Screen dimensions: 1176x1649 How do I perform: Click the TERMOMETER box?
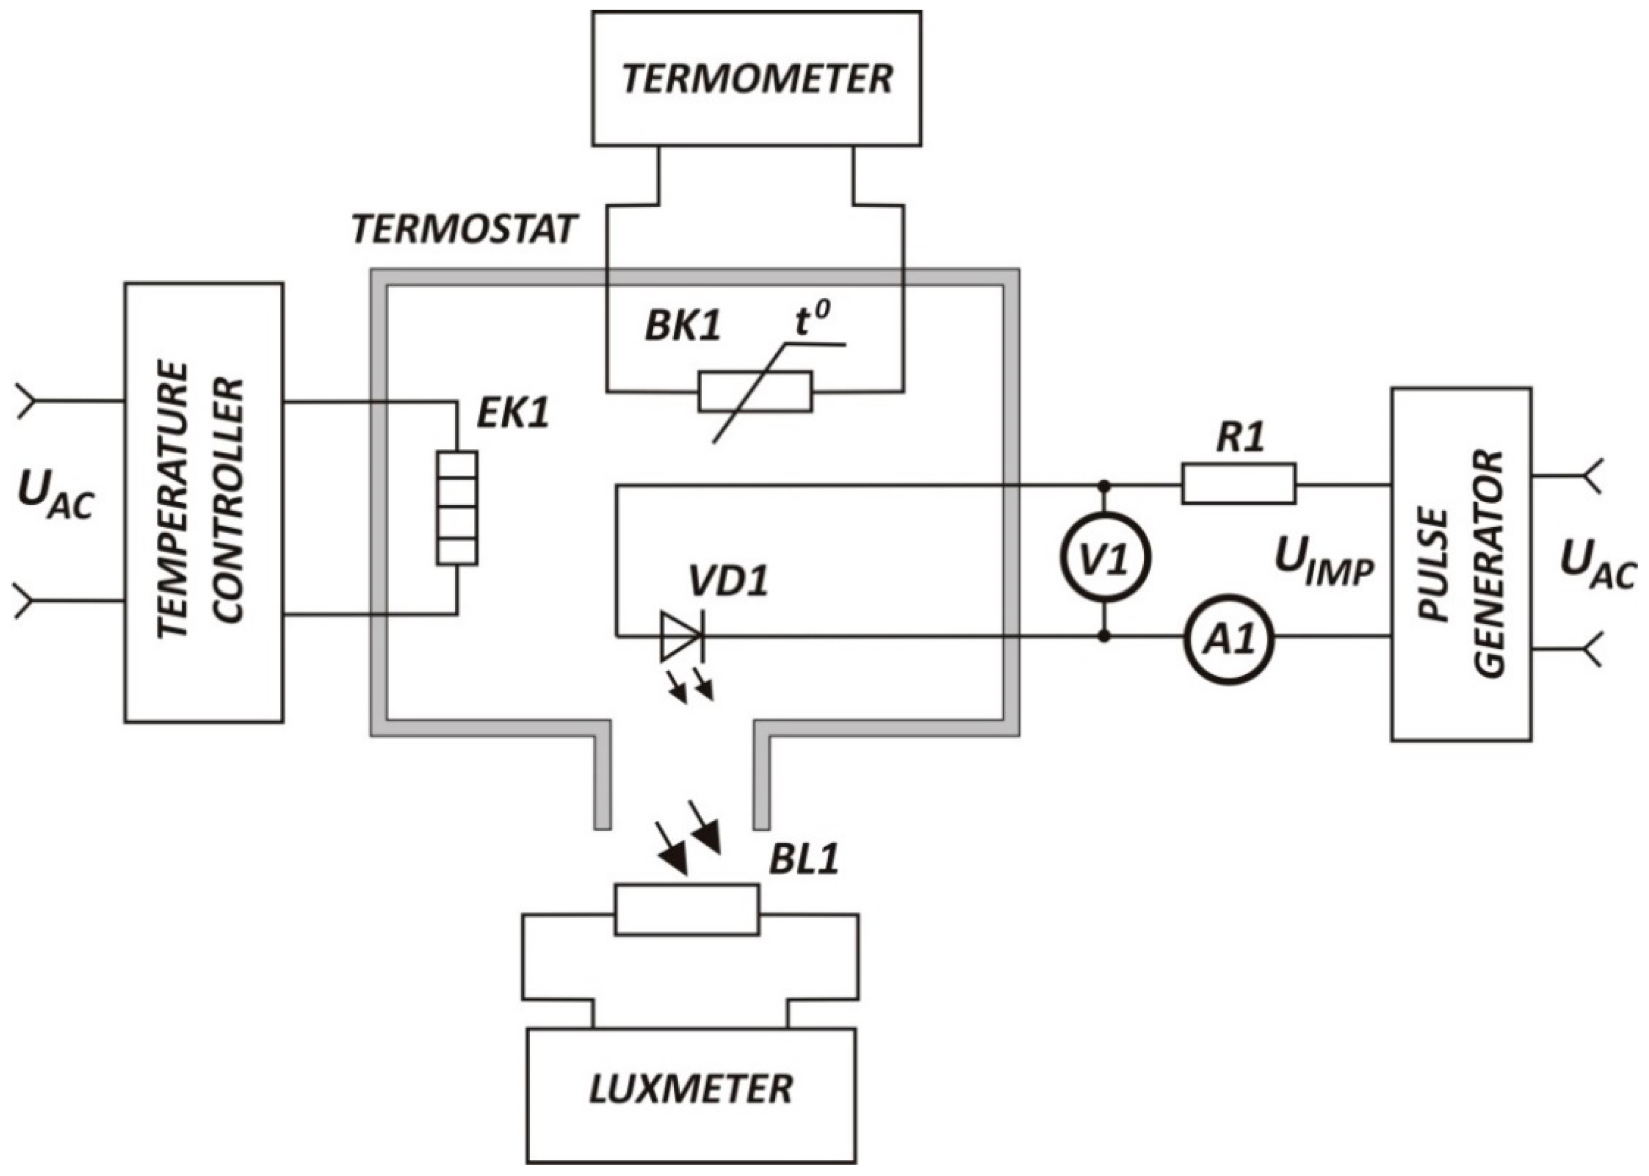[756, 78]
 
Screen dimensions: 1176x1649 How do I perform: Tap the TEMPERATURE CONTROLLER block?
[204, 502]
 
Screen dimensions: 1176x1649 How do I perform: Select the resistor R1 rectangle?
[1238, 484]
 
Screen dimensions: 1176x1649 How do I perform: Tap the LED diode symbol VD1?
[681, 637]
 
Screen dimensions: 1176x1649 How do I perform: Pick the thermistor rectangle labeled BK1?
[755, 391]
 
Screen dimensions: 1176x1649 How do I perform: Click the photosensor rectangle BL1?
[687, 910]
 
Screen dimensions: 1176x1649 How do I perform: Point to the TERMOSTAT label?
[464, 230]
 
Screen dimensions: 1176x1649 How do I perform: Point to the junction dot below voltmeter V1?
[1105, 637]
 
